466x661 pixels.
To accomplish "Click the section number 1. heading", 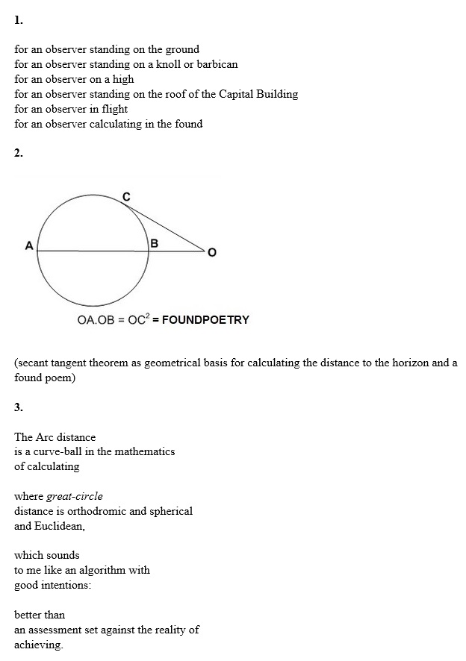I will coord(19,20).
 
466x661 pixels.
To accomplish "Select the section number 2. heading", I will coord(19,154).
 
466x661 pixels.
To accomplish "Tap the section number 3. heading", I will coord(19,407).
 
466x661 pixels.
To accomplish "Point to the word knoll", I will coord(170,64).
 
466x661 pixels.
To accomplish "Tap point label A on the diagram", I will coord(28,245).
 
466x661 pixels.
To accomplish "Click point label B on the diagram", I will coord(155,243).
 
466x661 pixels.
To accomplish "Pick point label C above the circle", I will coord(125,197).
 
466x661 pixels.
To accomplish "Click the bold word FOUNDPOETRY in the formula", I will coord(205,320).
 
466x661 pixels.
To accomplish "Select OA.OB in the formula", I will coord(96,320).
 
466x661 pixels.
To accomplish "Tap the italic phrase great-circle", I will coord(75,496).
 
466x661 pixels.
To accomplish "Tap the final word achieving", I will coord(38,645).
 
